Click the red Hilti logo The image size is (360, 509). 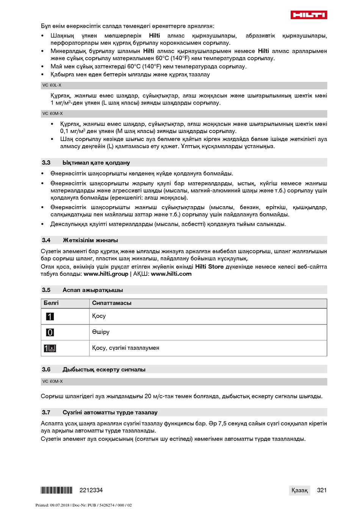coord(308,15)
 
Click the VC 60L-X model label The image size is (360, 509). coord(52,85)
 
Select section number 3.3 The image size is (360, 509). coord(46,163)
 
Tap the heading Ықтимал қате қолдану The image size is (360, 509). coord(96,163)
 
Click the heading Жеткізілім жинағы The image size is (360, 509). coord(90,240)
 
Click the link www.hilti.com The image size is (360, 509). coord(171,274)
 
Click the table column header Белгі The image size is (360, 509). coord(51,303)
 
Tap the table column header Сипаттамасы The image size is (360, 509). coord(112,303)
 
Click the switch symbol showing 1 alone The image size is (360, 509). coord(50,316)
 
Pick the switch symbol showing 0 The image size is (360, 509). coord(50,332)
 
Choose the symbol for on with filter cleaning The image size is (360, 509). coord(50,348)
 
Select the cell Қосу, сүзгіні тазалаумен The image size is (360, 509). coord(126,348)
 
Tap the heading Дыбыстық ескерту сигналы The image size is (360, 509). coord(104,370)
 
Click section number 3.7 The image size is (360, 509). coord(46,412)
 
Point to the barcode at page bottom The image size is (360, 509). coord(56,490)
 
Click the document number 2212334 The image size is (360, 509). coord(91,490)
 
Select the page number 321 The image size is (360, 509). coord(322,490)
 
